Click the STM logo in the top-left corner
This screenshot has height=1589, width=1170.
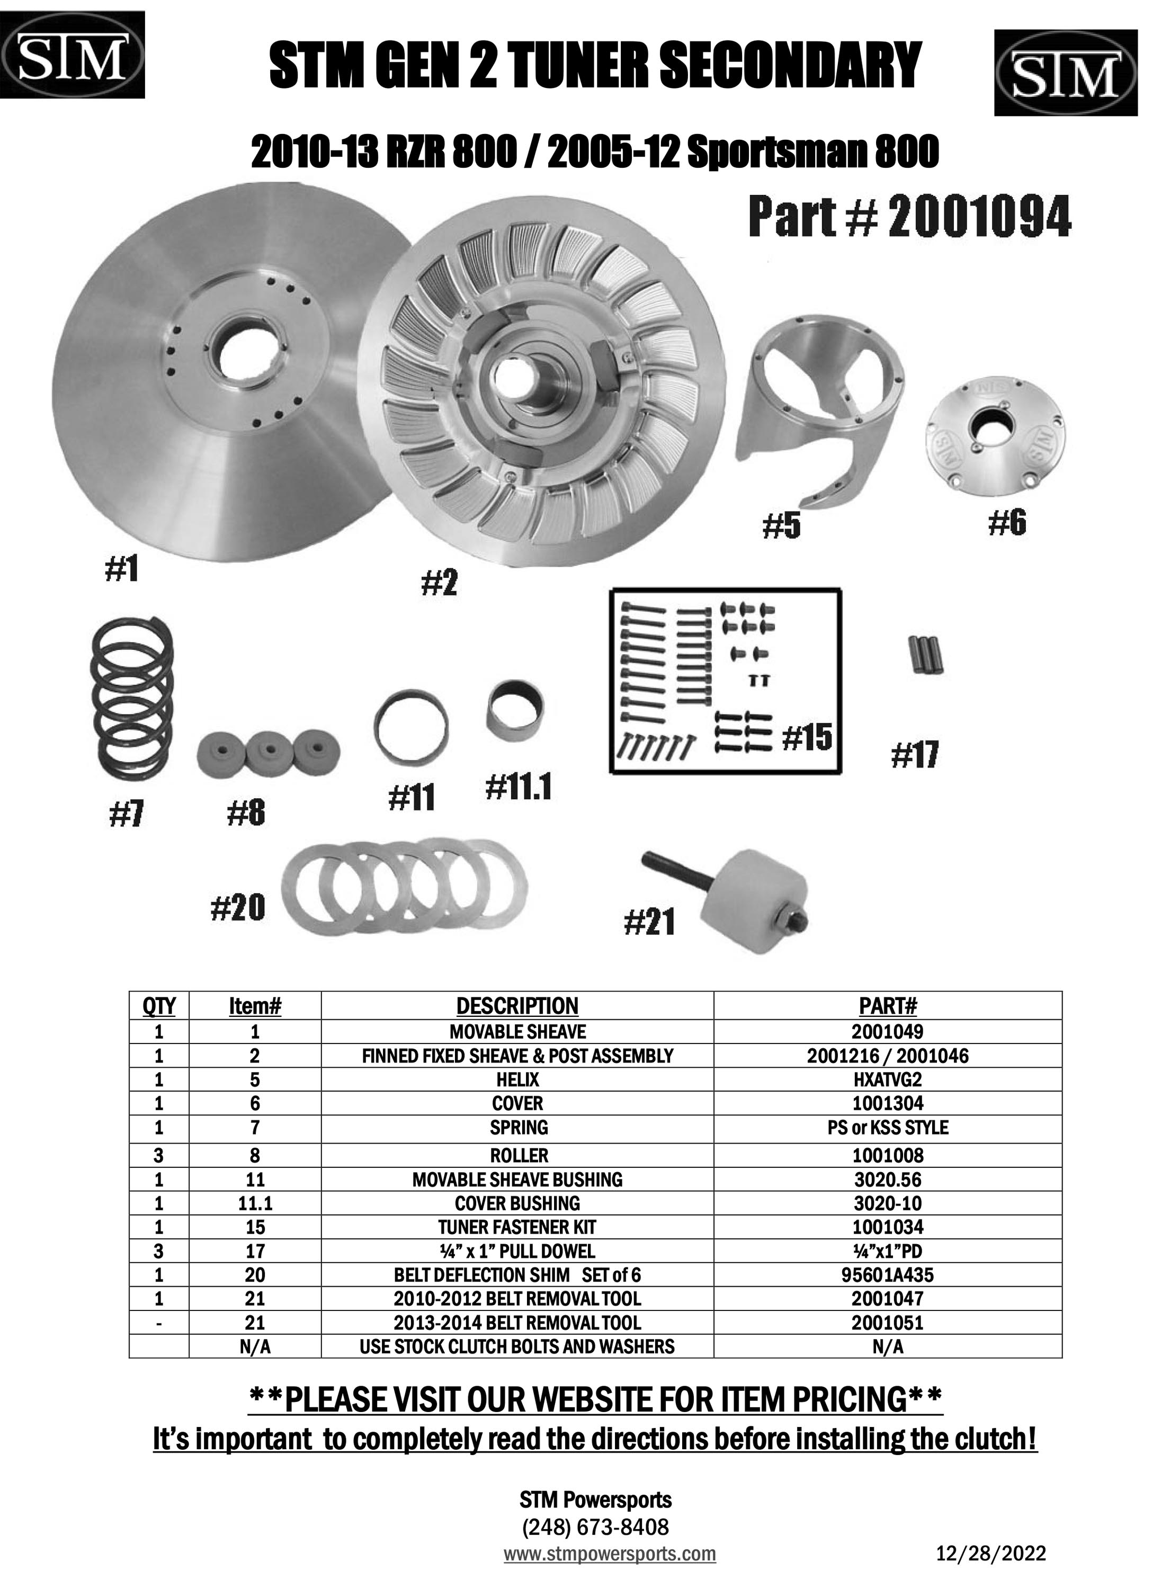coord(73,55)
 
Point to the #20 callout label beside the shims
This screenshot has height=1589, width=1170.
coord(238,907)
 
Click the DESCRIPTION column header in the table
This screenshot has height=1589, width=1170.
coord(517,1005)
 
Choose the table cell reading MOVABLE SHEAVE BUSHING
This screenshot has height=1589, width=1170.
coord(517,1180)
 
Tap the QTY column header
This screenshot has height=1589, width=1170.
coord(159,1005)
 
